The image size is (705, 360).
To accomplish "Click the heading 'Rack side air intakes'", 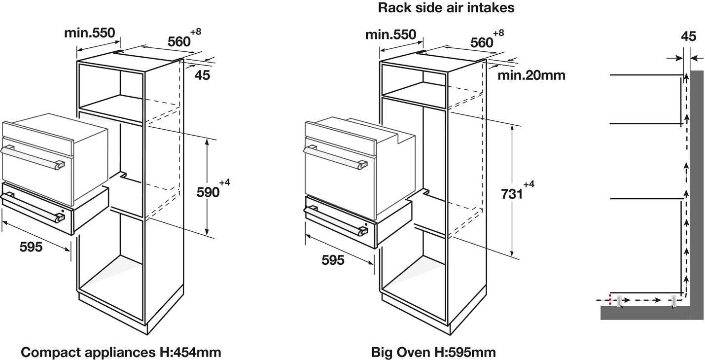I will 446,8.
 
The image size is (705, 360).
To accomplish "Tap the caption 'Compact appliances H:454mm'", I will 121,352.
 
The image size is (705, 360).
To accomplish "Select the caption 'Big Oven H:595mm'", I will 433,352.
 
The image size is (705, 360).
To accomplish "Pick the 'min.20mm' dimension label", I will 531,75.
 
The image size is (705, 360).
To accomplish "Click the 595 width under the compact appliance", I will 31,247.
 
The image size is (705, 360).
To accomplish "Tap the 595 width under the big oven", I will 333,260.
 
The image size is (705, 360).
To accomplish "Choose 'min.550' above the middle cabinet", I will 390,35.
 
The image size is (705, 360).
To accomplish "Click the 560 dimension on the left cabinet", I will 178,42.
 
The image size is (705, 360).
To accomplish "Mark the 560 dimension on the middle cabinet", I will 482,42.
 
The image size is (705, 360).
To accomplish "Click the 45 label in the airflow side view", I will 688,36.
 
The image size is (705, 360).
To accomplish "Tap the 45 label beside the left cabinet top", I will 202,75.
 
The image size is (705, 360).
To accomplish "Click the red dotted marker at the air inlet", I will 610,299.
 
